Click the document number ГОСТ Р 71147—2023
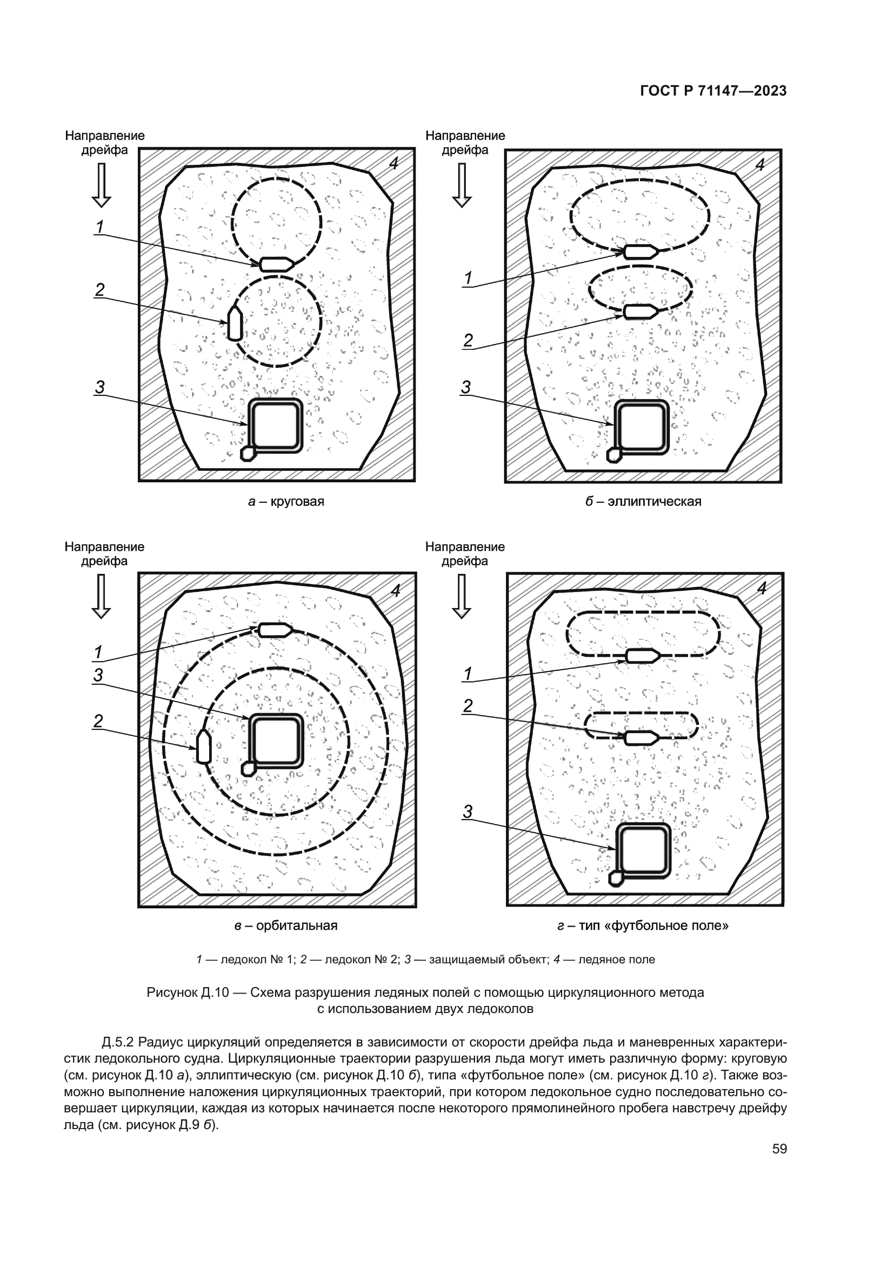click(x=713, y=91)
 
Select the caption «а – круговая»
click(x=286, y=502)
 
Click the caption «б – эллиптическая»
click(x=643, y=502)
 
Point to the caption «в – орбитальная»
click(x=286, y=926)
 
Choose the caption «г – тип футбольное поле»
click(x=643, y=926)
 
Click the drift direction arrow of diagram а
click(x=101, y=185)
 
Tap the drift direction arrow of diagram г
click(x=461, y=596)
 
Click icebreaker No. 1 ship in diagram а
click(x=276, y=264)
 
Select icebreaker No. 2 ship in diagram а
click(x=235, y=323)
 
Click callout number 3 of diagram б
click(x=466, y=388)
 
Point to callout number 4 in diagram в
click(x=395, y=590)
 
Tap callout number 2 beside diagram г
click(x=468, y=706)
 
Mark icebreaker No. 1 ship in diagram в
click(x=275, y=630)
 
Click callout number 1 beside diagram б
click(x=468, y=279)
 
